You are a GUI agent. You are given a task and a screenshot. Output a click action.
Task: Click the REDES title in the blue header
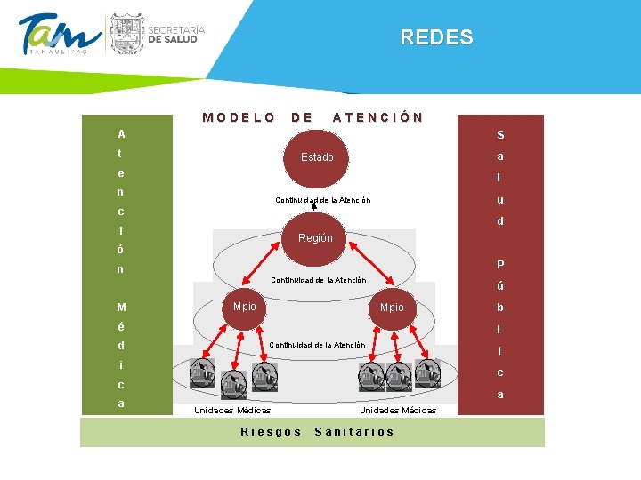click(x=436, y=37)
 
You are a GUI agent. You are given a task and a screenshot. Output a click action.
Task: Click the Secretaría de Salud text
click(x=176, y=35)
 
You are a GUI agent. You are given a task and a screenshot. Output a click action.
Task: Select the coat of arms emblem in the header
click(x=126, y=34)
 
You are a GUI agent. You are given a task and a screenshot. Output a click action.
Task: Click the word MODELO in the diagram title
click(x=239, y=116)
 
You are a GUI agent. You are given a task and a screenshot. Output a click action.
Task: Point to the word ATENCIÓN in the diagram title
click(x=377, y=116)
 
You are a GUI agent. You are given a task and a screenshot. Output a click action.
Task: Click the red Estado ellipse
click(x=317, y=157)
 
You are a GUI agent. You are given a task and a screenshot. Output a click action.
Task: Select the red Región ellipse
click(x=316, y=238)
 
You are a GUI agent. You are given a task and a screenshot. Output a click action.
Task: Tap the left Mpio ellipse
click(x=244, y=307)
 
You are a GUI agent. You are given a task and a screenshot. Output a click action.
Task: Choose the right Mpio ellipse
click(x=392, y=308)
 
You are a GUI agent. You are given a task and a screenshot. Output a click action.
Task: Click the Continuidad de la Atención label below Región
click(x=318, y=280)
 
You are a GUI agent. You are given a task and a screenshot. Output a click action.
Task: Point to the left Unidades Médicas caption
click(x=232, y=410)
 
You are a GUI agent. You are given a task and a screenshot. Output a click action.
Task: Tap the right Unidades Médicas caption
click(x=398, y=410)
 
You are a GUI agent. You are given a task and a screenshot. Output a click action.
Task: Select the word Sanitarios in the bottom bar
click(x=354, y=431)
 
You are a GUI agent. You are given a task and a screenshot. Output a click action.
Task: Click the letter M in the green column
click(x=121, y=308)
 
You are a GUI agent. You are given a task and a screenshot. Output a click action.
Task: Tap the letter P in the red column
click(x=501, y=264)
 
